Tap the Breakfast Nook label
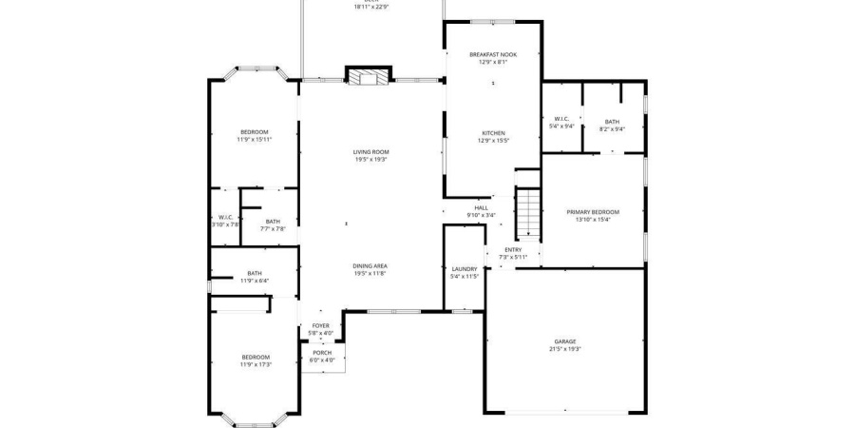pos(492,55)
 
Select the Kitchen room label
pos(493,133)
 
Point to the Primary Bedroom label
pos(593,212)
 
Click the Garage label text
pos(565,341)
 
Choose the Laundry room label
pos(465,269)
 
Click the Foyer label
pos(321,325)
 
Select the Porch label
pos(322,353)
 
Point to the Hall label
pos(481,208)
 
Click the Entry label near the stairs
pos(513,250)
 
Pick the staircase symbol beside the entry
pos(527,214)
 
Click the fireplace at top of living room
pos(369,77)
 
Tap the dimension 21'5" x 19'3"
pos(566,349)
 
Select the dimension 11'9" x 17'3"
pos(256,364)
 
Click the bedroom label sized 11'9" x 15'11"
pos(254,131)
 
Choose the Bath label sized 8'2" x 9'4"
pos(612,121)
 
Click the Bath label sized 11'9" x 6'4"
pos(255,273)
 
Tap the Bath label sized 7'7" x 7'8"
pos(273,222)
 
